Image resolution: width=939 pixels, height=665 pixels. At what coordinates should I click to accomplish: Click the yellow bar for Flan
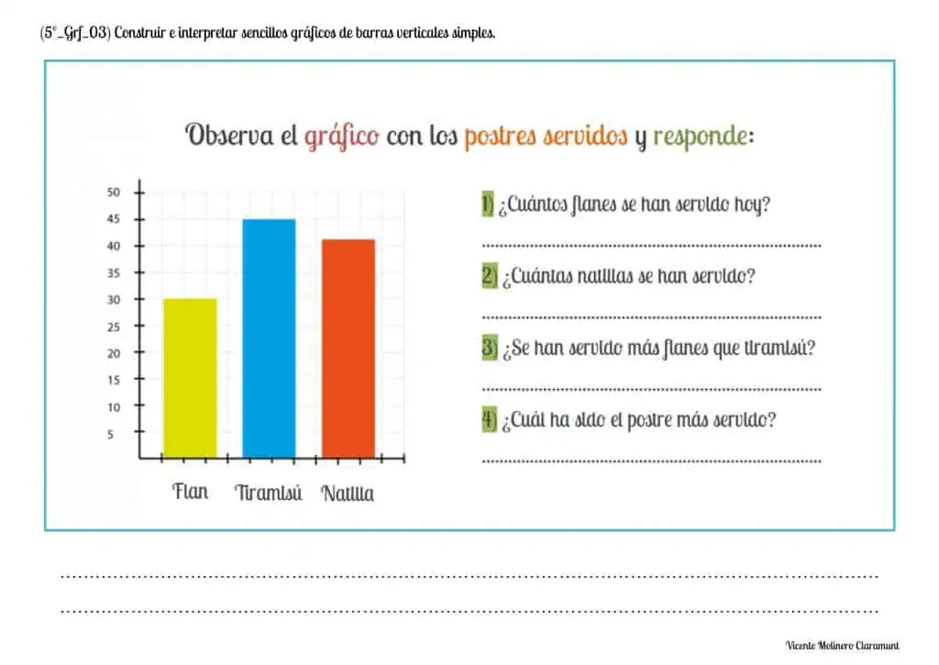pos(191,377)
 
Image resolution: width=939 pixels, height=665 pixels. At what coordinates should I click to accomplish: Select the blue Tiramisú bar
pos(269,338)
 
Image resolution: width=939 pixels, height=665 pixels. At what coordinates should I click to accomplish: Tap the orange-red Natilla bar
pos(348,348)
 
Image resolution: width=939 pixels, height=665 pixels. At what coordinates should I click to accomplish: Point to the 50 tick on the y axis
pos(114,193)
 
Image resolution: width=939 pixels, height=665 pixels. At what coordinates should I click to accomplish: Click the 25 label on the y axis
pos(114,327)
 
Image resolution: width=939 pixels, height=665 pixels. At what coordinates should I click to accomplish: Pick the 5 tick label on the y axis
pos(114,434)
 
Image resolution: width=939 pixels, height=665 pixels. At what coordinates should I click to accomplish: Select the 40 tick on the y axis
pos(114,246)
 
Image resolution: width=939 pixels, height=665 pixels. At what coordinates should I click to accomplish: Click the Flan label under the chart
pos(191,492)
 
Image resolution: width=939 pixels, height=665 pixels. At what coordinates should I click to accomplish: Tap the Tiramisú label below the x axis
pos(269,493)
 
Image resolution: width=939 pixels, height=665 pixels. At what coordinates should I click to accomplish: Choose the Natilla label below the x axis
pos(348,493)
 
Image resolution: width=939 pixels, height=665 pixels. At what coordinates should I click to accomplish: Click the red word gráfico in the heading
pos(342,137)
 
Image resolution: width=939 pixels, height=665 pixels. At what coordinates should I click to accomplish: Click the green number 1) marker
pos(488,205)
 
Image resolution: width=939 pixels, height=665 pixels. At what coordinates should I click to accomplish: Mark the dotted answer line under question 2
pos(651,317)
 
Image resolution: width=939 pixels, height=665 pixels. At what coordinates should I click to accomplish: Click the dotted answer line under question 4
pos(651,460)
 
